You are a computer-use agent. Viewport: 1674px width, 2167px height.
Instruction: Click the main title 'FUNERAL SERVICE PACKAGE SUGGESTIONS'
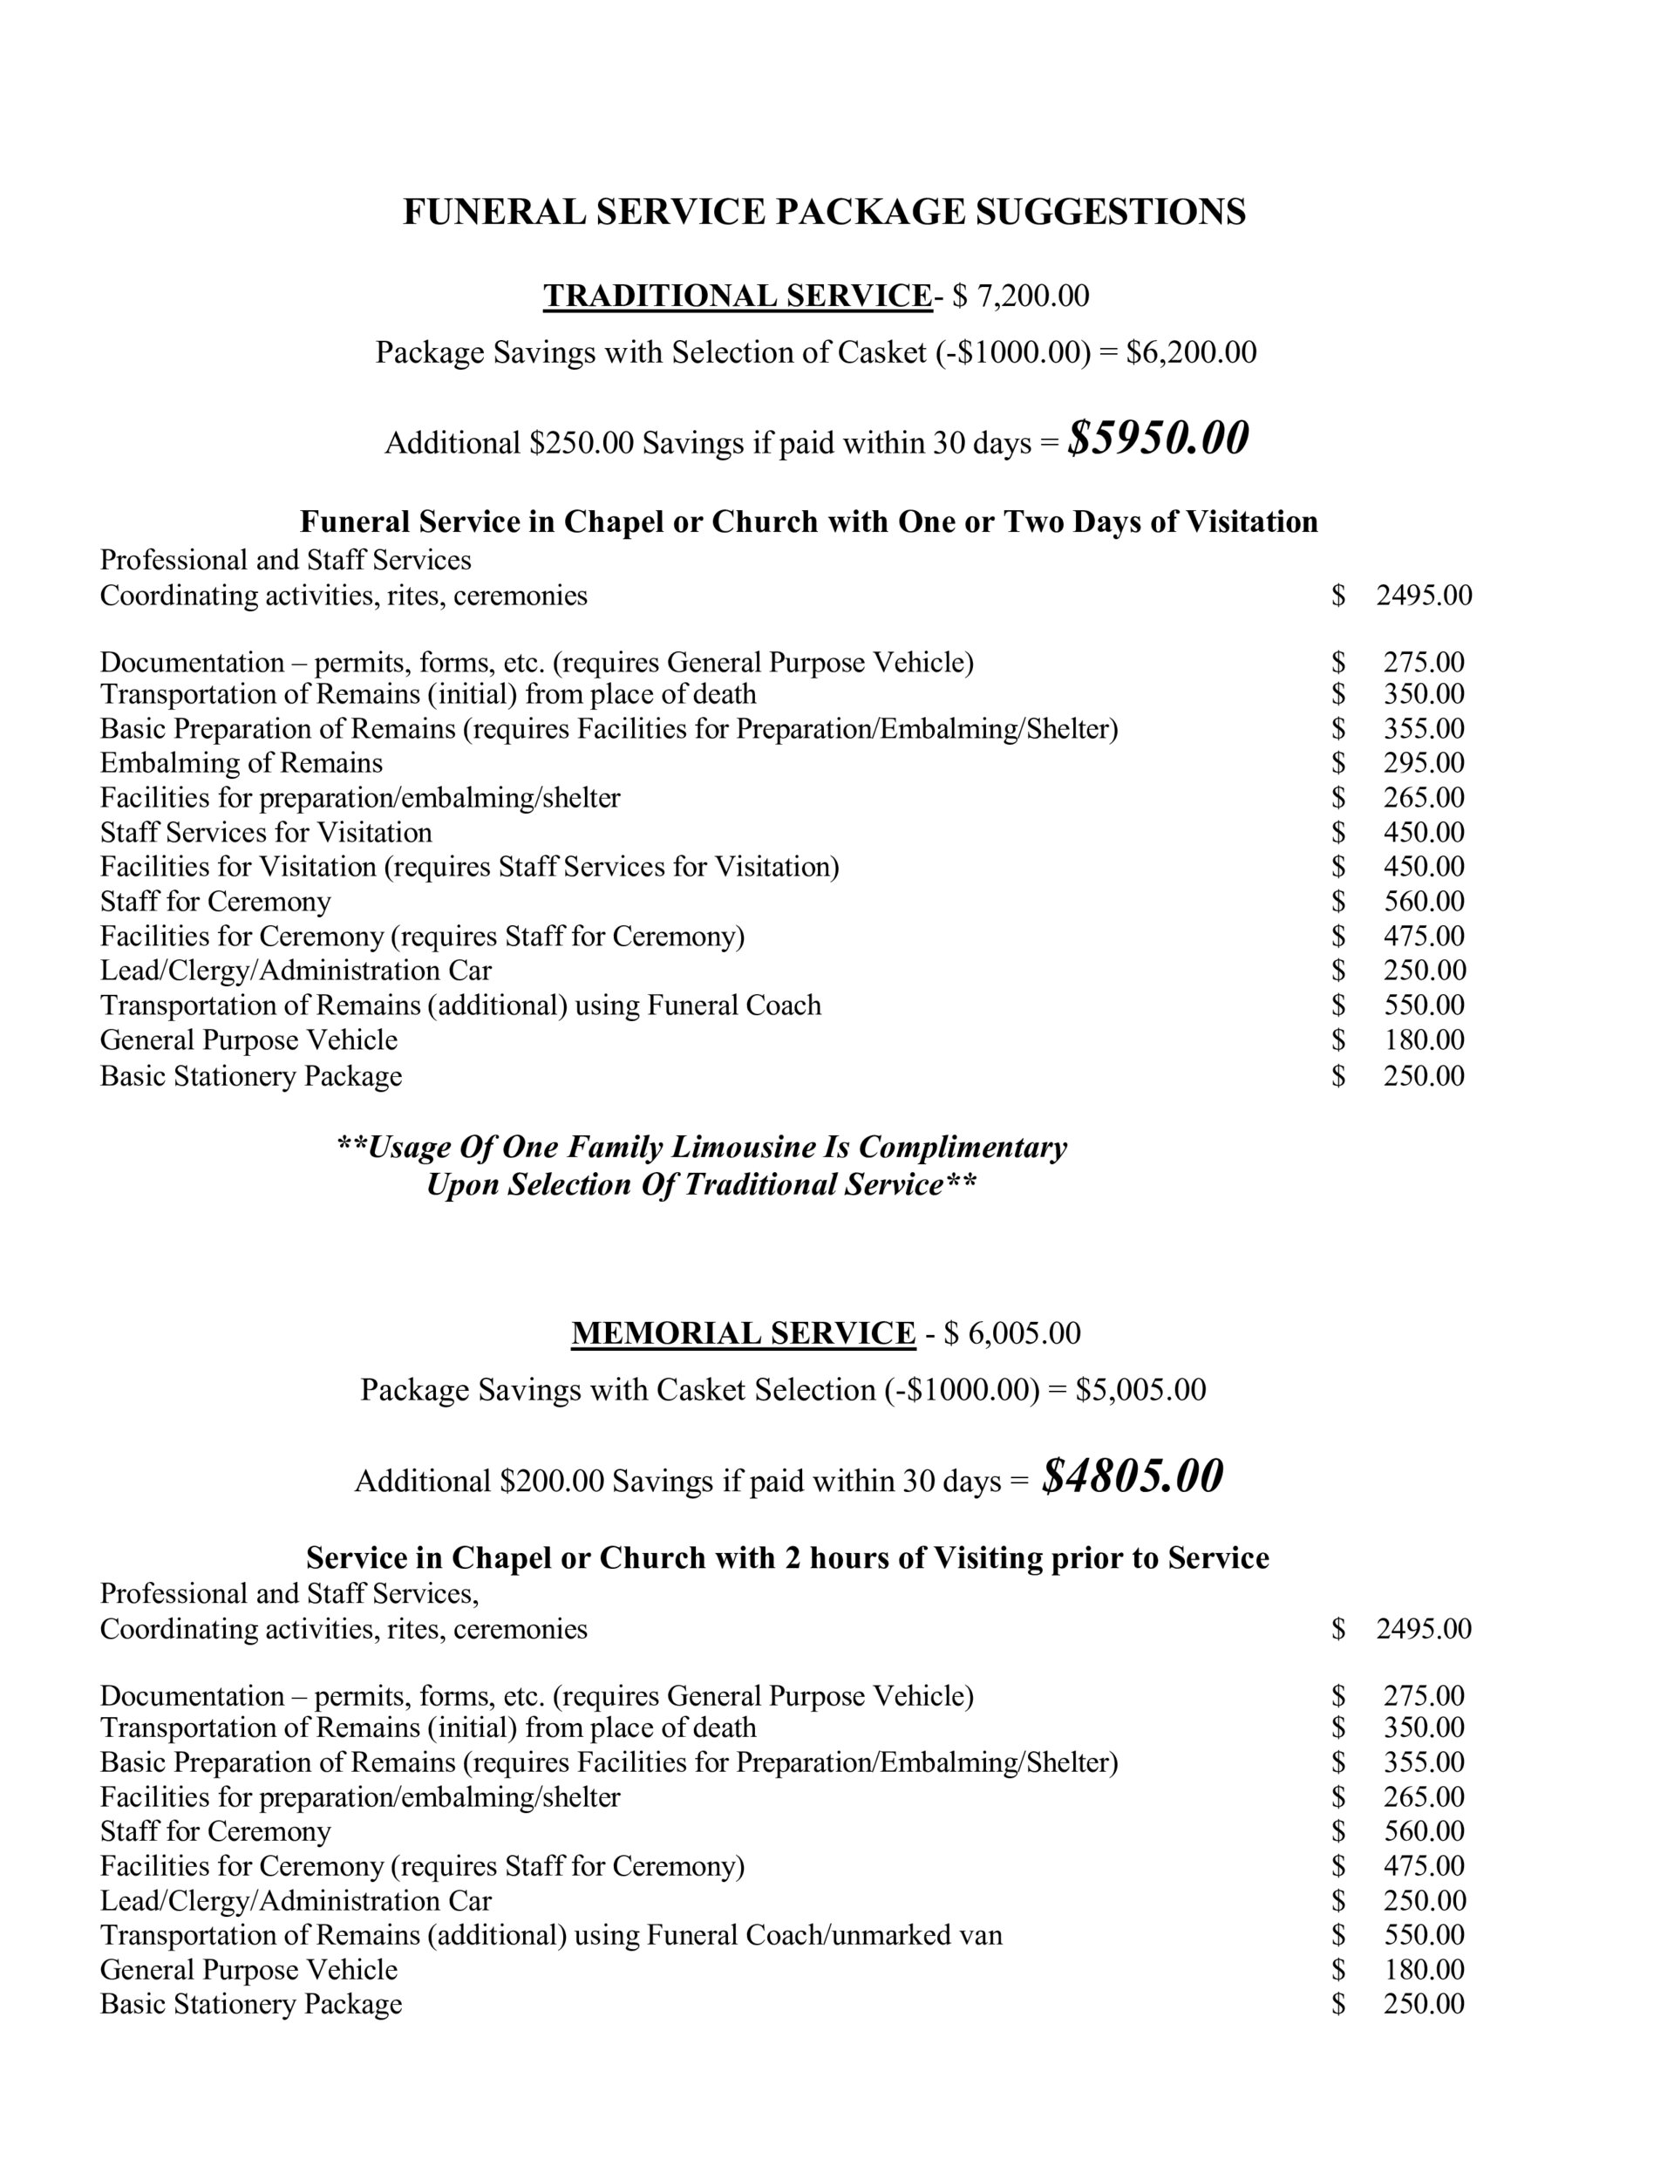coord(824,212)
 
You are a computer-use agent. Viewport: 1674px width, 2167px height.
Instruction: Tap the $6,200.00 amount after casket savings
coord(1191,352)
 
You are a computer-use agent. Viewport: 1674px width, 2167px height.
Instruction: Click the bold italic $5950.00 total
coord(1157,439)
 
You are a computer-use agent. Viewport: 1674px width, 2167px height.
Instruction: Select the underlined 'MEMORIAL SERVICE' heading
coord(743,1332)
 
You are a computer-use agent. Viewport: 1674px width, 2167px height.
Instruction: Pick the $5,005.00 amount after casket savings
coord(1140,1389)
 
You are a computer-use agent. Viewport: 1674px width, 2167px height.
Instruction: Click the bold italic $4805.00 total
coord(1133,1476)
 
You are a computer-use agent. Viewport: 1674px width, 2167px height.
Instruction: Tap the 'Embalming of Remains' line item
coord(242,763)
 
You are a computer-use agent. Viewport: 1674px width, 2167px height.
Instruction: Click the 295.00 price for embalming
coord(1423,763)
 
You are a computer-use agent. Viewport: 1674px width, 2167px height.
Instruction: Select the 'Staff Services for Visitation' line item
coord(266,833)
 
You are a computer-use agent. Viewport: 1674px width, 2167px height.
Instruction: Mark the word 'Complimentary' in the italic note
coord(962,1147)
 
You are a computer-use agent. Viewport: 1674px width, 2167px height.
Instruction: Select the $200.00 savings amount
coord(552,1482)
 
